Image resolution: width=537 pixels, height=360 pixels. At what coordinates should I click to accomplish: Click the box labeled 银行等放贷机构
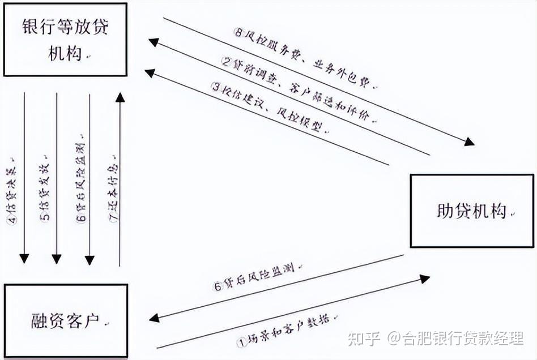pyautogui.click(x=65, y=40)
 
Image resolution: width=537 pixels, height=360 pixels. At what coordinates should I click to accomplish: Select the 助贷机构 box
pyautogui.click(x=472, y=211)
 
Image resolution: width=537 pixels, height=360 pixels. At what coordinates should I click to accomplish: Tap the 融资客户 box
pyautogui.click(x=66, y=320)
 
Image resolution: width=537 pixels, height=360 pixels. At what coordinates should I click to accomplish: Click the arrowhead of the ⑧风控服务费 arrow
pyautogui.click(x=470, y=142)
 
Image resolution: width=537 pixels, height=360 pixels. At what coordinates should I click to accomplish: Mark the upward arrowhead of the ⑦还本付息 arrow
pyautogui.click(x=120, y=97)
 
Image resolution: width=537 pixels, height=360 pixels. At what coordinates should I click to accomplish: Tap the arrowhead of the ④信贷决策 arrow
pyautogui.click(x=24, y=259)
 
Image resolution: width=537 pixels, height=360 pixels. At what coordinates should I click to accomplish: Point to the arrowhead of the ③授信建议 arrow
pyautogui.click(x=150, y=72)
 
